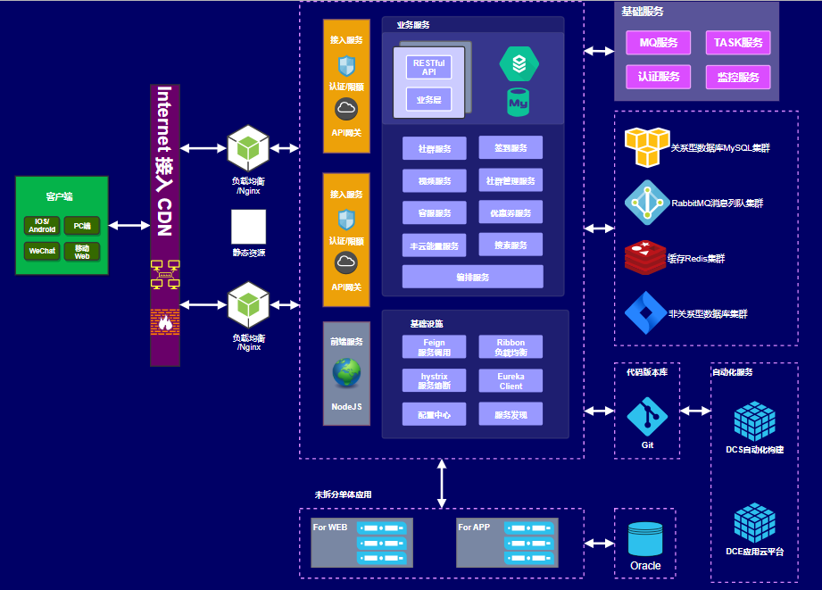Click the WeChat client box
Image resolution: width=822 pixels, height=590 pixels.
(42, 251)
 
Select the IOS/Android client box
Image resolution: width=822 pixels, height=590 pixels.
(42, 226)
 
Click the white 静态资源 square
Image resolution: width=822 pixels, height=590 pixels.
(249, 228)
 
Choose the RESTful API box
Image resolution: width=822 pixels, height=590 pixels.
(428, 67)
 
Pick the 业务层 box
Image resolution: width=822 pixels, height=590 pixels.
(428, 100)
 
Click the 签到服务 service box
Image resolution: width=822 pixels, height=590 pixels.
(511, 147)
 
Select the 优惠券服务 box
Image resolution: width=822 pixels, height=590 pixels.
(511, 213)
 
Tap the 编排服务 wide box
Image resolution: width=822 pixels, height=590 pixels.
(472, 277)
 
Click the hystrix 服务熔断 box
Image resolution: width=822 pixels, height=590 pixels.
(434, 381)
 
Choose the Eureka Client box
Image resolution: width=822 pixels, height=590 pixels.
(511, 381)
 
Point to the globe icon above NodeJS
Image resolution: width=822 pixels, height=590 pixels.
(346, 373)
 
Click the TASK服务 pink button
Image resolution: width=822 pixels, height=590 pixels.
(738, 42)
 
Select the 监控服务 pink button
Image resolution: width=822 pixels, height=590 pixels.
(738, 77)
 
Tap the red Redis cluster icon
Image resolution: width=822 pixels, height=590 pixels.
(644, 258)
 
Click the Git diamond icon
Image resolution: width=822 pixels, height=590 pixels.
(647, 417)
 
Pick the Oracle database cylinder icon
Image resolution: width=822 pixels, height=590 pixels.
(645, 540)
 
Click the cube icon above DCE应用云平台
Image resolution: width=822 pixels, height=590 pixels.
(754, 523)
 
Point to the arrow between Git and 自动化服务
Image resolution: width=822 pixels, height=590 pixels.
(695, 411)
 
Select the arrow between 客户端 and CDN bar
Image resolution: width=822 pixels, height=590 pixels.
(129, 226)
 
